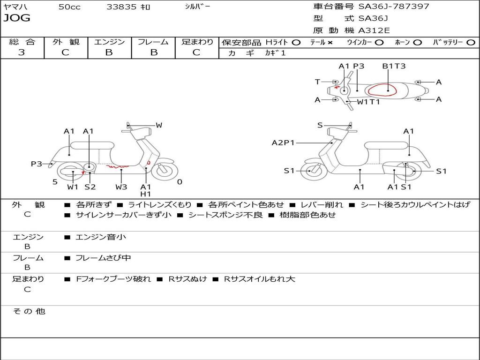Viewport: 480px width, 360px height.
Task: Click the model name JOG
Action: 17,18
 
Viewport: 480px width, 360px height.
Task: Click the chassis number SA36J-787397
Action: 394,6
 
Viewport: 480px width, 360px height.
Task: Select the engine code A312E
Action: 374,30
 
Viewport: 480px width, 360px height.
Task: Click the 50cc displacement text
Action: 69,7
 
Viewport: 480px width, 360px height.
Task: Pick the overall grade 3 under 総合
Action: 22,52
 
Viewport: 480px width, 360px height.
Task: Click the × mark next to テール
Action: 330,43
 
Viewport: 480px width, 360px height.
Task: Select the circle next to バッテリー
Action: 471,43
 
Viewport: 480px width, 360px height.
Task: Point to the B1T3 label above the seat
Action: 394,66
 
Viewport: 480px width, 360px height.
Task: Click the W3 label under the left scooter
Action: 121,187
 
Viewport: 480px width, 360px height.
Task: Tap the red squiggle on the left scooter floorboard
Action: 117,166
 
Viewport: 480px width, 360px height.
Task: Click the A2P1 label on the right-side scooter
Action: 283,142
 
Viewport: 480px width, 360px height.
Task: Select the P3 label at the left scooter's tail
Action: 37,164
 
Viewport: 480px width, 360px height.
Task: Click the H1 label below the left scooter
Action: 146,194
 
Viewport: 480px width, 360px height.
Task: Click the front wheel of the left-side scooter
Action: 165,170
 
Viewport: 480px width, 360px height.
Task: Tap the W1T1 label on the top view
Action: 368,102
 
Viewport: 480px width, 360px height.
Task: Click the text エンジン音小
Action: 101,237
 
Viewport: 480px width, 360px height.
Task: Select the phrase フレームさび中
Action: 103,258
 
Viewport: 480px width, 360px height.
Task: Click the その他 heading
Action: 29,311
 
